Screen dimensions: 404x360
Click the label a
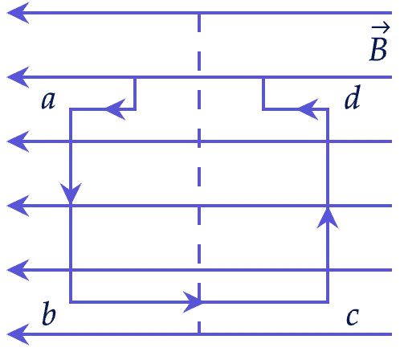pos(49,100)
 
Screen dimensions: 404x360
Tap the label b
pos(49,313)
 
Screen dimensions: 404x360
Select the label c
pos(353,317)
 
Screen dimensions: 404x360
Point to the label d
pos(353,96)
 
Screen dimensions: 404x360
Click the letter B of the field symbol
pos(378,50)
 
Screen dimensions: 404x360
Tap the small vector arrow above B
pos(381,27)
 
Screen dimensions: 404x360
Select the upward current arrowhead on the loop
pos(328,219)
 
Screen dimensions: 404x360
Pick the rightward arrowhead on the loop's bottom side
pos(193,302)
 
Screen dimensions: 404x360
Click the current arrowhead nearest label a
pos(116,109)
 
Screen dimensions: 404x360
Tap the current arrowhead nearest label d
pos(308,109)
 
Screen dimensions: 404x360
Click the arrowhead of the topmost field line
pos(18,13)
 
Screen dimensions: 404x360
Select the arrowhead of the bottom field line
pos(18,334)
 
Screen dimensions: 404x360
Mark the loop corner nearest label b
pos(71,302)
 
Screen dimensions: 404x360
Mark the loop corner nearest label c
pos(328,302)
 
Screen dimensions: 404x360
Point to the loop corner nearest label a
pos(71,109)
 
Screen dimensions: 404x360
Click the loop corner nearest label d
pos(328,109)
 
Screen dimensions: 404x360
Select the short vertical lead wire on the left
pos(135,93)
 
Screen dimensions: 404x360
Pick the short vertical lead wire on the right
pos(263,93)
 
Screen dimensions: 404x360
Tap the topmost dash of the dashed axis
pos(199,22)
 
